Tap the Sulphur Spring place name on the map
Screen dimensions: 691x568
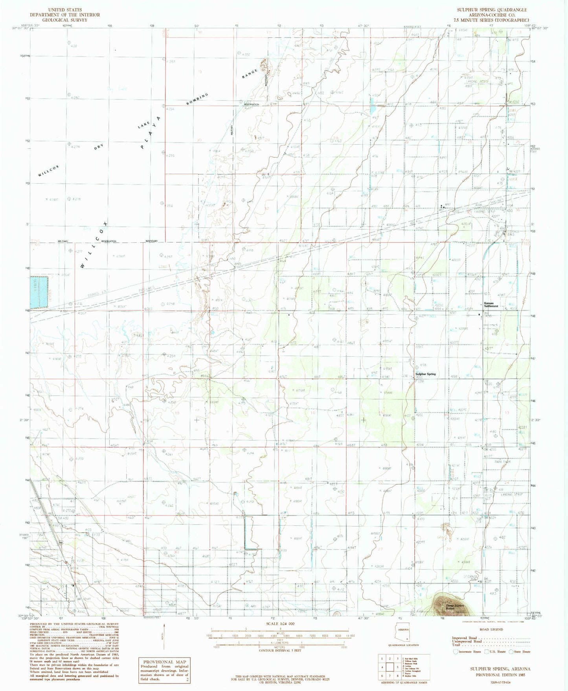[426, 374]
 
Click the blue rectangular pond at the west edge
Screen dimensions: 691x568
[39, 292]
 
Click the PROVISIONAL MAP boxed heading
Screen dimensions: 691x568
[164, 662]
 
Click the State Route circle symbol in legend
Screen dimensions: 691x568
[511, 652]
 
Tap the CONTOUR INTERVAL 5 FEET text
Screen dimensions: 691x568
[279, 650]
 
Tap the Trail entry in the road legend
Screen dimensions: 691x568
[457, 645]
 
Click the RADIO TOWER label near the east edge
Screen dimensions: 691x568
[502, 462]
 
